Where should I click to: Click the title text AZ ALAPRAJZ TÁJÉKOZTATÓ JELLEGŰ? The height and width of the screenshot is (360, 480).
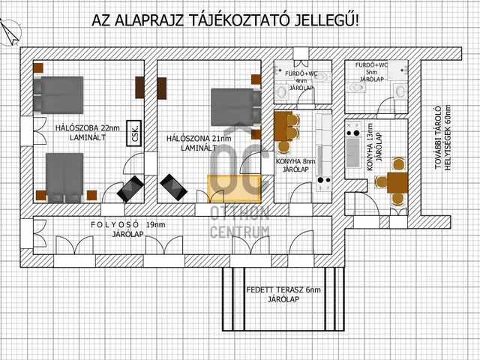(x=225, y=19)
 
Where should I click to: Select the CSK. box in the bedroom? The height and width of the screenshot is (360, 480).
(x=135, y=132)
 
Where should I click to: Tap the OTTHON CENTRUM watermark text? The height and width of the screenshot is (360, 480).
(x=239, y=223)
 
